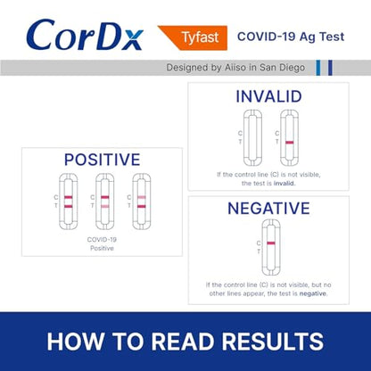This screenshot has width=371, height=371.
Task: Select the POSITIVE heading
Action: pos(102,160)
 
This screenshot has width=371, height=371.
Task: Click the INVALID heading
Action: pos(268,95)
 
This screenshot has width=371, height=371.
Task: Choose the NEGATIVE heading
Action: pos(268,209)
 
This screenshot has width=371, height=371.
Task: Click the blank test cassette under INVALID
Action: pos(252,137)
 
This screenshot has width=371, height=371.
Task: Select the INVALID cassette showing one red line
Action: pos(289,137)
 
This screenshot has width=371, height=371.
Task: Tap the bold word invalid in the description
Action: pos(284,183)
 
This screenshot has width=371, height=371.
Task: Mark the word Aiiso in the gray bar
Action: pos(230,68)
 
